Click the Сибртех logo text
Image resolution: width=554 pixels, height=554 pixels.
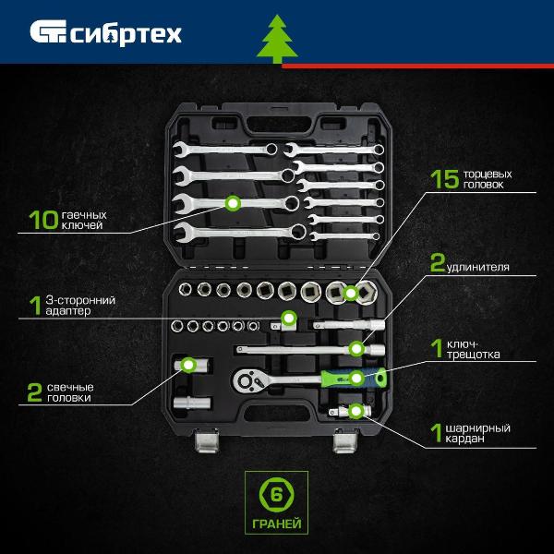coord(126,33)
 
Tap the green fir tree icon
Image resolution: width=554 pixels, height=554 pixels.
coord(277,39)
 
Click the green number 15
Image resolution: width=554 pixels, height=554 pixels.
coord(445,179)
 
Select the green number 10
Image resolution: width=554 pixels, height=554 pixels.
coord(43,220)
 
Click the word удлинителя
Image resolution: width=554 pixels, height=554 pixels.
coord(478,267)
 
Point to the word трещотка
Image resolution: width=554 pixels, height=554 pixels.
coord(473,355)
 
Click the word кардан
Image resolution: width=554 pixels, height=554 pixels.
coord(464,439)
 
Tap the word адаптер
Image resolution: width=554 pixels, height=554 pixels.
coord(68,311)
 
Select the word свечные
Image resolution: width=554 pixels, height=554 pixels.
coord(70,387)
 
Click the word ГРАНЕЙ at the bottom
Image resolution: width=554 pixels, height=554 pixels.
coord(277,524)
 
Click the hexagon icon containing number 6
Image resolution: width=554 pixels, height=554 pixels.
coord(277,495)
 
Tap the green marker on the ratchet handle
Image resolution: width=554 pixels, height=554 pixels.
coord(356,378)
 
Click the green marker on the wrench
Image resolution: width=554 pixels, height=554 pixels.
coord(233,203)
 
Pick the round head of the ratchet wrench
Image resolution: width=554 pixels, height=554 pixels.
coord(247,380)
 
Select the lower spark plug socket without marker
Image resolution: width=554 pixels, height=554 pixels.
coord(192,403)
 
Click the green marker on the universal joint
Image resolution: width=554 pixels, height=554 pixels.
coord(355,411)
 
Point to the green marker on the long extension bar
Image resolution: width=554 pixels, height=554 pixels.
coord(356,349)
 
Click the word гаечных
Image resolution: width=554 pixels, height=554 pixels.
coord(84,215)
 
